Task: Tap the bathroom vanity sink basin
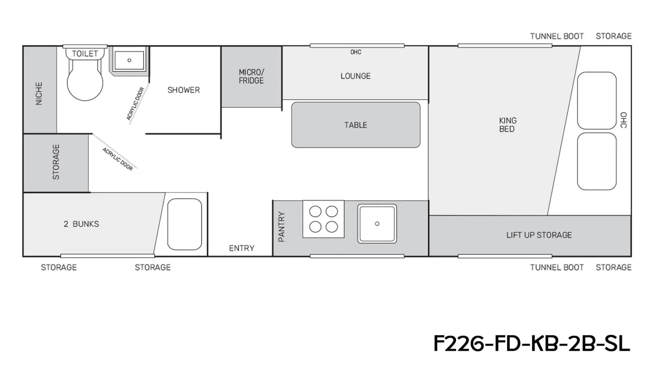coord(129,60)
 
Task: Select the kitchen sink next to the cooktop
coord(377,224)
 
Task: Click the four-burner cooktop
coord(323,219)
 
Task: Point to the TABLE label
coord(356,125)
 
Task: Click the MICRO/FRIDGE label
coord(251,76)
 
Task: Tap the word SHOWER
coord(183,90)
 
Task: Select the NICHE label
coord(39,94)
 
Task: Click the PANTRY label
coord(281,227)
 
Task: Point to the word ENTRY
coord(241,248)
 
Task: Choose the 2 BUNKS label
coord(81,224)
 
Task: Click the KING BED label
coord(508,125)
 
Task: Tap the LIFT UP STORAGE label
coord(539,235)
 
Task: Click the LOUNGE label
coord(355,76)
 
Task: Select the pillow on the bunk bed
coord(184,224)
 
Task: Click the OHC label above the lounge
coord(356,52)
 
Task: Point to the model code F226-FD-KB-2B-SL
coord(532,344)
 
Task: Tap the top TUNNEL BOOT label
coord(557,36)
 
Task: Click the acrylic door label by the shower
coord(135,103)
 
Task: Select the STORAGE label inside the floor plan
coord(56,162)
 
